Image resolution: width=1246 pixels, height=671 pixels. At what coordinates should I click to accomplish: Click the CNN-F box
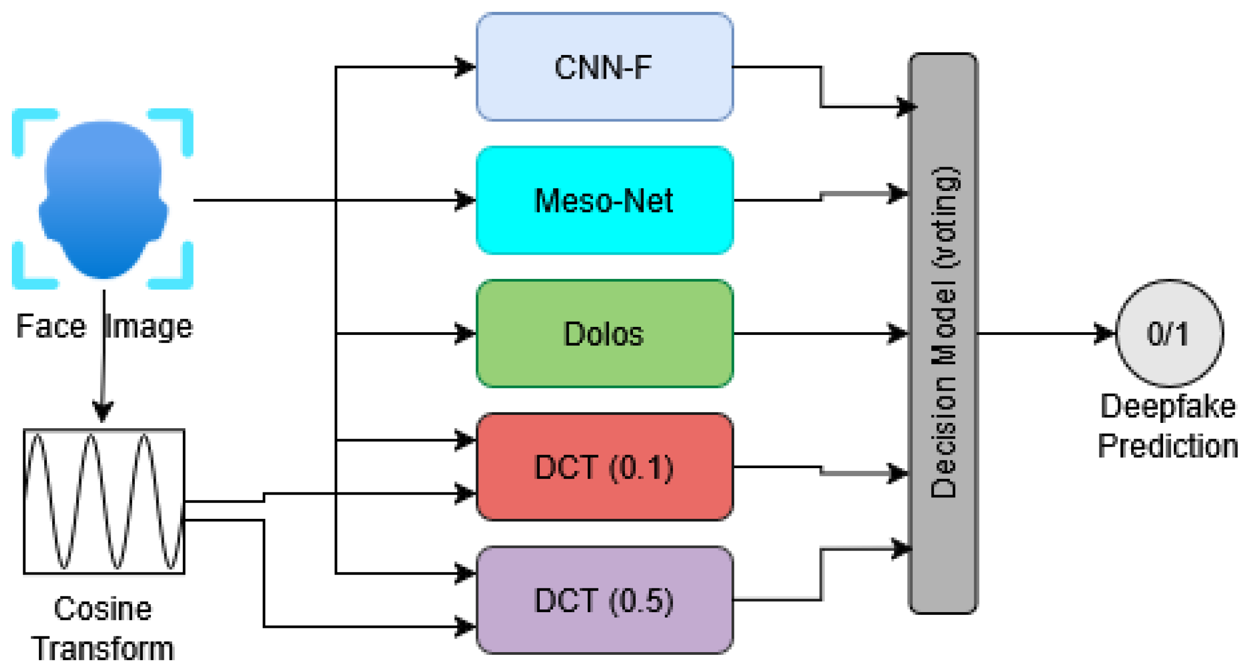click(604, 67)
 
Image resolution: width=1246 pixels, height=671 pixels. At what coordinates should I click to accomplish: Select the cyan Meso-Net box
click(604, 200)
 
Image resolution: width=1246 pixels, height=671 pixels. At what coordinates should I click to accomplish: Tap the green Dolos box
click(604, 333)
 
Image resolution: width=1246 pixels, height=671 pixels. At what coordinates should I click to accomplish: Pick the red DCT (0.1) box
click(604, 467)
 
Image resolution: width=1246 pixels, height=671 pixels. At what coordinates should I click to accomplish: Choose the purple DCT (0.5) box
click(604, 600)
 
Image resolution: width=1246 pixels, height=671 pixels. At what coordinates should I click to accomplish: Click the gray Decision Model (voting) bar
click(942, 333)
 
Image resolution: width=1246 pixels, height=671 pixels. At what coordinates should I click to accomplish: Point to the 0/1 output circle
click(1168, 333)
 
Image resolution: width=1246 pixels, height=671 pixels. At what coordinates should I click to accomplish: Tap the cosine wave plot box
click(104, 501)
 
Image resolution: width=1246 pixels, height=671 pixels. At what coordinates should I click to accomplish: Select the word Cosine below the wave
click(102, 609)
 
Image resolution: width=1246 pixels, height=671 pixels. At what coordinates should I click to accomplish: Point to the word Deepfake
click(1168, 406)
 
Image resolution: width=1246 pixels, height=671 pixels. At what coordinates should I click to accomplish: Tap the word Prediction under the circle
click(1168, 446)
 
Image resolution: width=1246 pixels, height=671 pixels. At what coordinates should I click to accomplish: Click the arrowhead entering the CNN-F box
click(465, 67)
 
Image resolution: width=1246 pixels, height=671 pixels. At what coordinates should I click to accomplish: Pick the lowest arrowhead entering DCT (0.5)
click(465, 627)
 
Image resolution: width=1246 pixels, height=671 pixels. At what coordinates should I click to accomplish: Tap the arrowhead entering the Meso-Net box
click(465, 200)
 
